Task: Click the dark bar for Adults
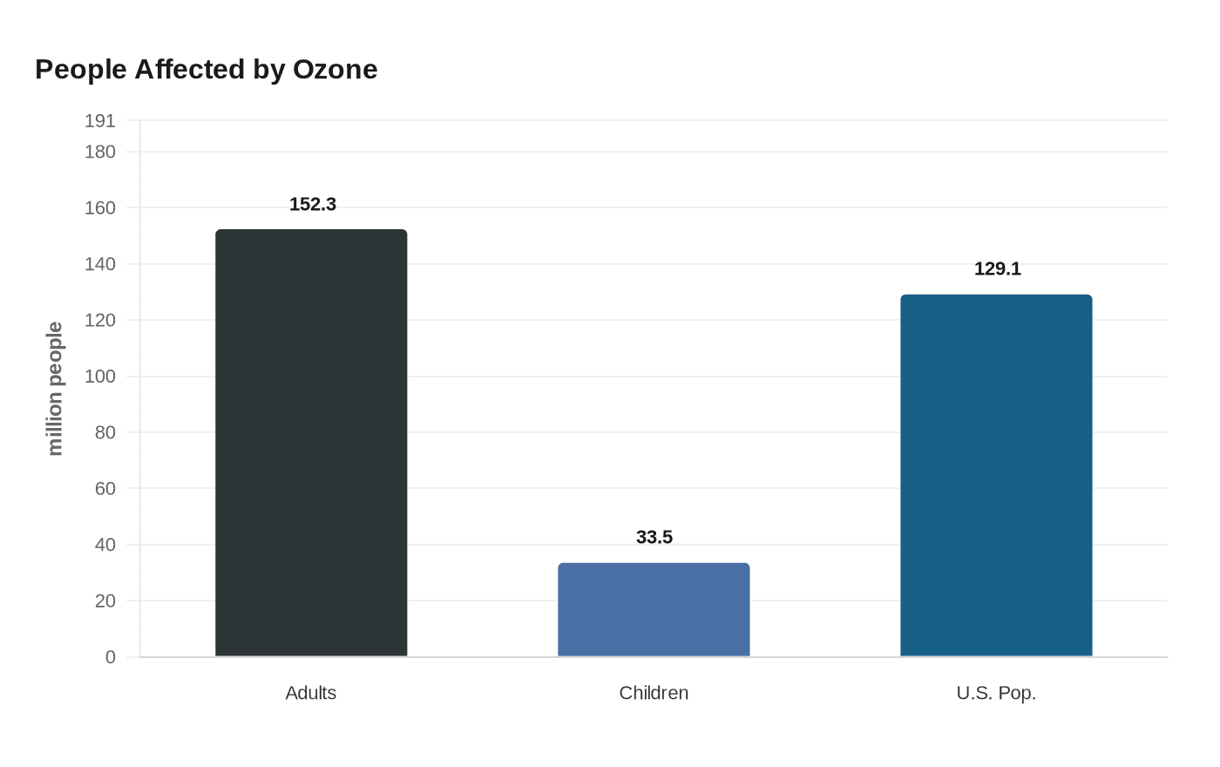(x=311, y=443)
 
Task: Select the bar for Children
(x=654, y=609)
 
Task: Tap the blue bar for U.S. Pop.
(x=996, y=475)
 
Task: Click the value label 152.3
(x=313, y=204)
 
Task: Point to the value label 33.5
(x=654, y=537)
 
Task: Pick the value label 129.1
(x=998, y=268)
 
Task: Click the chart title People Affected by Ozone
(x=207, y=69)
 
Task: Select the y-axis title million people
(x=55, y=389)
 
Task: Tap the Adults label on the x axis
(x=311, y=693)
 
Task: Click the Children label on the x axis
(x=654, y=693)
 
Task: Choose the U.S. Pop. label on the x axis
(x=996, y=693)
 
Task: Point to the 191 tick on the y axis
(x=100, y=121)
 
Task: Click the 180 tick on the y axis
(x=100, y=152)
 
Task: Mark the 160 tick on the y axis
(x=100, y=207)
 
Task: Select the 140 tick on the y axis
(x=100, y=264)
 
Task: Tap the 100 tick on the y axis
(x=100, y=377)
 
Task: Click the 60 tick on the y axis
(x=105, y=488)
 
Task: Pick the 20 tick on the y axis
(x=105, y=601)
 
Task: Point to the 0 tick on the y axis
(x=111, y=657)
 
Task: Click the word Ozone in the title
(x=335, y=69)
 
